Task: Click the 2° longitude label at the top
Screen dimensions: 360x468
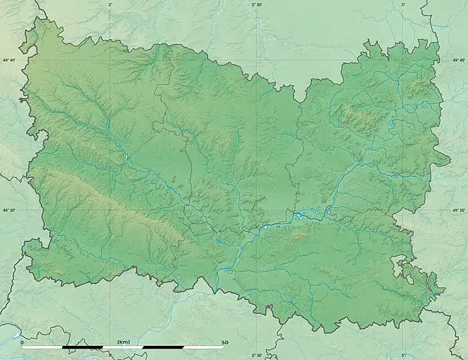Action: (110, 5)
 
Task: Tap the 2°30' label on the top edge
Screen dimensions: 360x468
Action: (257, 5)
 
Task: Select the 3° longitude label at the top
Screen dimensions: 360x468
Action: (402, 5)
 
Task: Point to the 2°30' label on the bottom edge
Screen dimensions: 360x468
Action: (257, 355)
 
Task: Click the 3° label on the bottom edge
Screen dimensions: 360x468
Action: (402, 355)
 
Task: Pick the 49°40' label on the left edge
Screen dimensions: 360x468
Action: (9, 60)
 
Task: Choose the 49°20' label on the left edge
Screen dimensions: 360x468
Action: (9, 211)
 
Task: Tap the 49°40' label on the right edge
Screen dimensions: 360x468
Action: (458, 60)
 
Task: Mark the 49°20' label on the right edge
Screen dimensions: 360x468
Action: (458, 211)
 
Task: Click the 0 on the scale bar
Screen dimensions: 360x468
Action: (23, 342)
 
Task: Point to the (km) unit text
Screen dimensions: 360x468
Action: (123, 342)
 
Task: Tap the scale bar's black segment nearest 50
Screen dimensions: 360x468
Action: (163, 347)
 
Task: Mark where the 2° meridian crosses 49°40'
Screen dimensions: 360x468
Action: (110, 60)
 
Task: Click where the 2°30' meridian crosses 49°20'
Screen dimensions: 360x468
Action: (257, 211)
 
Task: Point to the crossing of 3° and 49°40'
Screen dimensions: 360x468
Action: (402, 60)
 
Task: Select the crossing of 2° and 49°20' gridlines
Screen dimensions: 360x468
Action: (110, 211)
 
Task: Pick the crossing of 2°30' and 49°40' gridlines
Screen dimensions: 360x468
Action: (257, 60)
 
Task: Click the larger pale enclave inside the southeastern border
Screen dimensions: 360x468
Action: (402, 268)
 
